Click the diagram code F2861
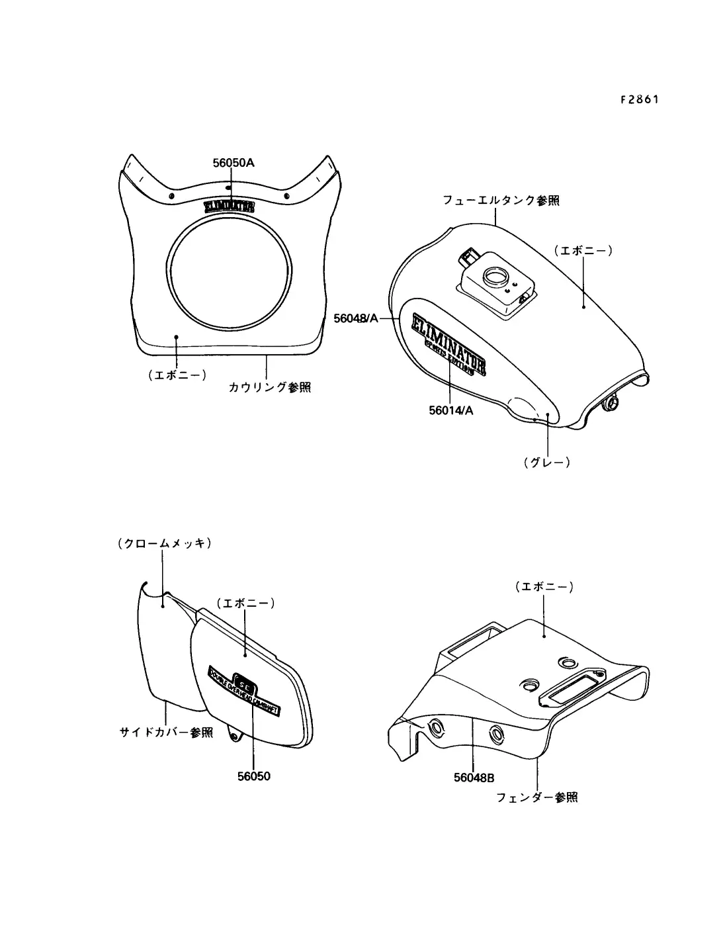640,100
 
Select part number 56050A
234,163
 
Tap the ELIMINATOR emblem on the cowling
229,206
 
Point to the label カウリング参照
270,387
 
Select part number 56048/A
356,318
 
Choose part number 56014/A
451,410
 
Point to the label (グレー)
546,463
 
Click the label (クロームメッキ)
165,543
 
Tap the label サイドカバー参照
166,733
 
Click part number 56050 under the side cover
254,776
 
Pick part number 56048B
474,778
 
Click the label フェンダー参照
536,797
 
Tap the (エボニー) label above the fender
544,586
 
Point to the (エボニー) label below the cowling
177,375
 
